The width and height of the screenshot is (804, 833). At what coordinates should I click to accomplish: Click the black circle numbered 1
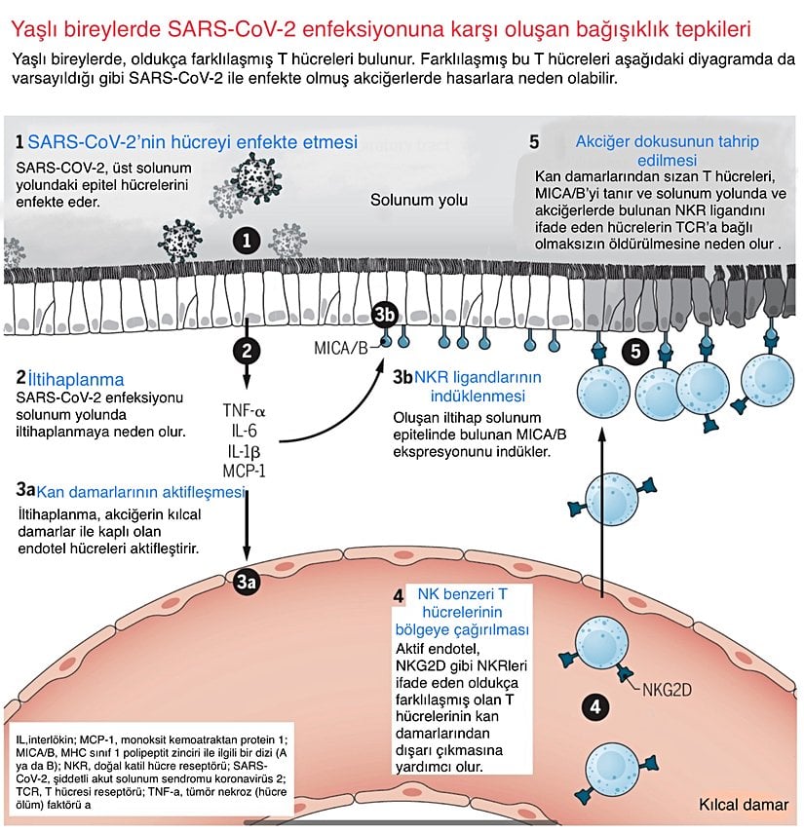248,239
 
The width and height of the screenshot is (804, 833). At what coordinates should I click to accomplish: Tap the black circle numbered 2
248,350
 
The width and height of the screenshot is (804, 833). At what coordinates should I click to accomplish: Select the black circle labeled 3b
386,315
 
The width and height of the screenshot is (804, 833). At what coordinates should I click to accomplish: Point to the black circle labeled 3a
248,582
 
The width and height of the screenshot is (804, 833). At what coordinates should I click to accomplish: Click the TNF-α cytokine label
244,410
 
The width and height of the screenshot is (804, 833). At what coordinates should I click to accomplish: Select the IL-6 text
244,430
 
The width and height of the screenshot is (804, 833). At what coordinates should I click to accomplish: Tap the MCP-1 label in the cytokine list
244,471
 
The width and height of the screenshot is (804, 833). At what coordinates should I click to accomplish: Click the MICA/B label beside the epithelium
341,347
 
